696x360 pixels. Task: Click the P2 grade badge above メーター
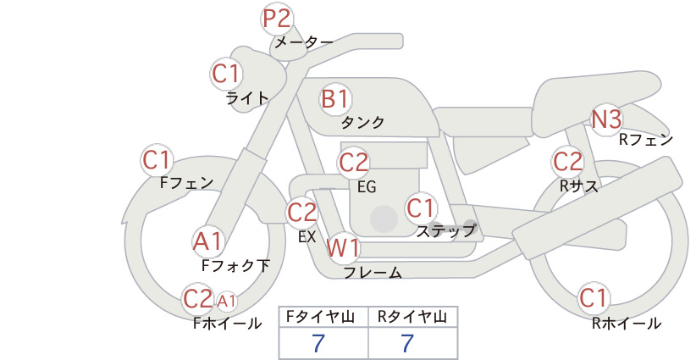click(277, 19)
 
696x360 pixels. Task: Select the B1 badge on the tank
click(335, 98)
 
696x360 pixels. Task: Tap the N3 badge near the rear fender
click(606, 119)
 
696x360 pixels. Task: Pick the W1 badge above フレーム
click(343, 247)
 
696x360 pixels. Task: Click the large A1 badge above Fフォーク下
click(207, 242)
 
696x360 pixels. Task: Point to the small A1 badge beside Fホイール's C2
click(226, 302)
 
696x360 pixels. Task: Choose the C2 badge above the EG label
click(354, 163)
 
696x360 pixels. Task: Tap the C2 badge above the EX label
click(302, 213)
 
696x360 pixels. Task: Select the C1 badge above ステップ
click(420, 208)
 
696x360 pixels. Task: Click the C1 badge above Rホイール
click(593, 298)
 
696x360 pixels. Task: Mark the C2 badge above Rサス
click(567, 162)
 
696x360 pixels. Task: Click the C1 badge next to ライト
click(226, 74)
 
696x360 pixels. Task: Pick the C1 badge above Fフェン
click(157, 160)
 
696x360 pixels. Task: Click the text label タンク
click(362, 122)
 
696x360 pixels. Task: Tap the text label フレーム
click(373, 273)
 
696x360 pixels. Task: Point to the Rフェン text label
click(646, 140)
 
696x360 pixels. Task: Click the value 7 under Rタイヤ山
click(407, 343)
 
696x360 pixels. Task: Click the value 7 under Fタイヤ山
click(318, 343)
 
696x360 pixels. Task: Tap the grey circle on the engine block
click(384, 219)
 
